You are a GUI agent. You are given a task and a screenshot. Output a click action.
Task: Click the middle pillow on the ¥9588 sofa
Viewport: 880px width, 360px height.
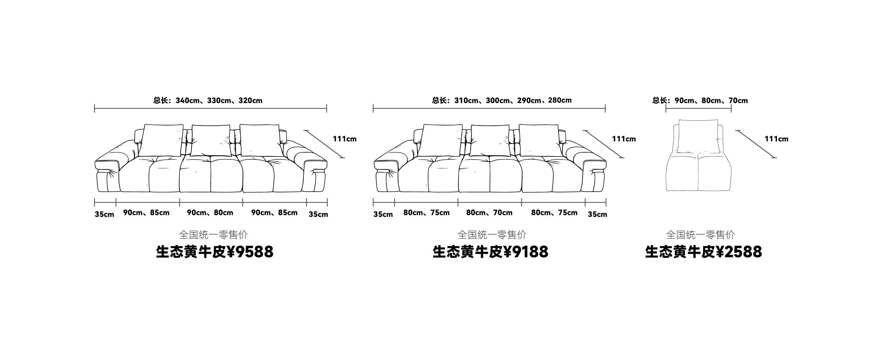210,140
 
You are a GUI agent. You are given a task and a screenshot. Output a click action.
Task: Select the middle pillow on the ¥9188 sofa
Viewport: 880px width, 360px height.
489,140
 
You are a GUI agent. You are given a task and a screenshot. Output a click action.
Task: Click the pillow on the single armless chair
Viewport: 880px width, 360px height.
698,136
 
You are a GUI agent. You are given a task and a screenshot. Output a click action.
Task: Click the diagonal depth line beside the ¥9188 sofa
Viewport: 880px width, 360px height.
604,144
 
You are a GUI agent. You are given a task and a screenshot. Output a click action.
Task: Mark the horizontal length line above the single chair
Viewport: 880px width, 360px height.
698,109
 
